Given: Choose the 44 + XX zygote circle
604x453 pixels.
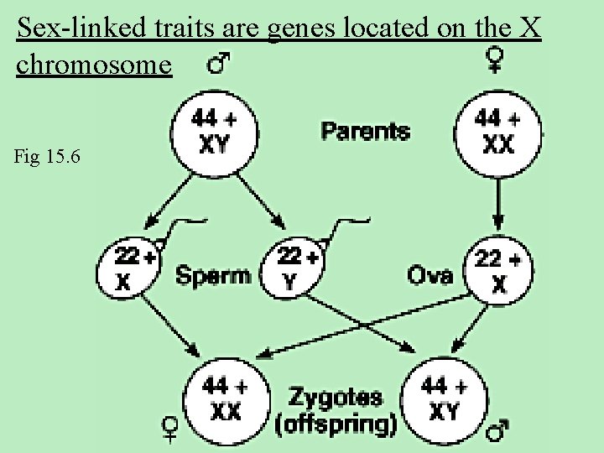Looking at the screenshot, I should point(226,398).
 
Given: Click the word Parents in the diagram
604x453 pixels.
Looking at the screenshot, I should point(366,131).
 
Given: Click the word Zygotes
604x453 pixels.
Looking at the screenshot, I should point(336,397).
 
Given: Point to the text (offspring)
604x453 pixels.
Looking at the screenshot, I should point(336,424).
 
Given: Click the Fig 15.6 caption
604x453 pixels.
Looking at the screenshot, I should point(48,157).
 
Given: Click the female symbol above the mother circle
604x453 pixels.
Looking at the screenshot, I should point(496,60).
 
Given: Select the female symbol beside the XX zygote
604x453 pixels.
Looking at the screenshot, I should point(171,430).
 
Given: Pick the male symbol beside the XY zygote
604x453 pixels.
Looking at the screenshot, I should point(498,430).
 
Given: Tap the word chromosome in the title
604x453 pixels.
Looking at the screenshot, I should point(94,66).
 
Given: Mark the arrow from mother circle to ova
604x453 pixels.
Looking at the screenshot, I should point(497,201).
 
